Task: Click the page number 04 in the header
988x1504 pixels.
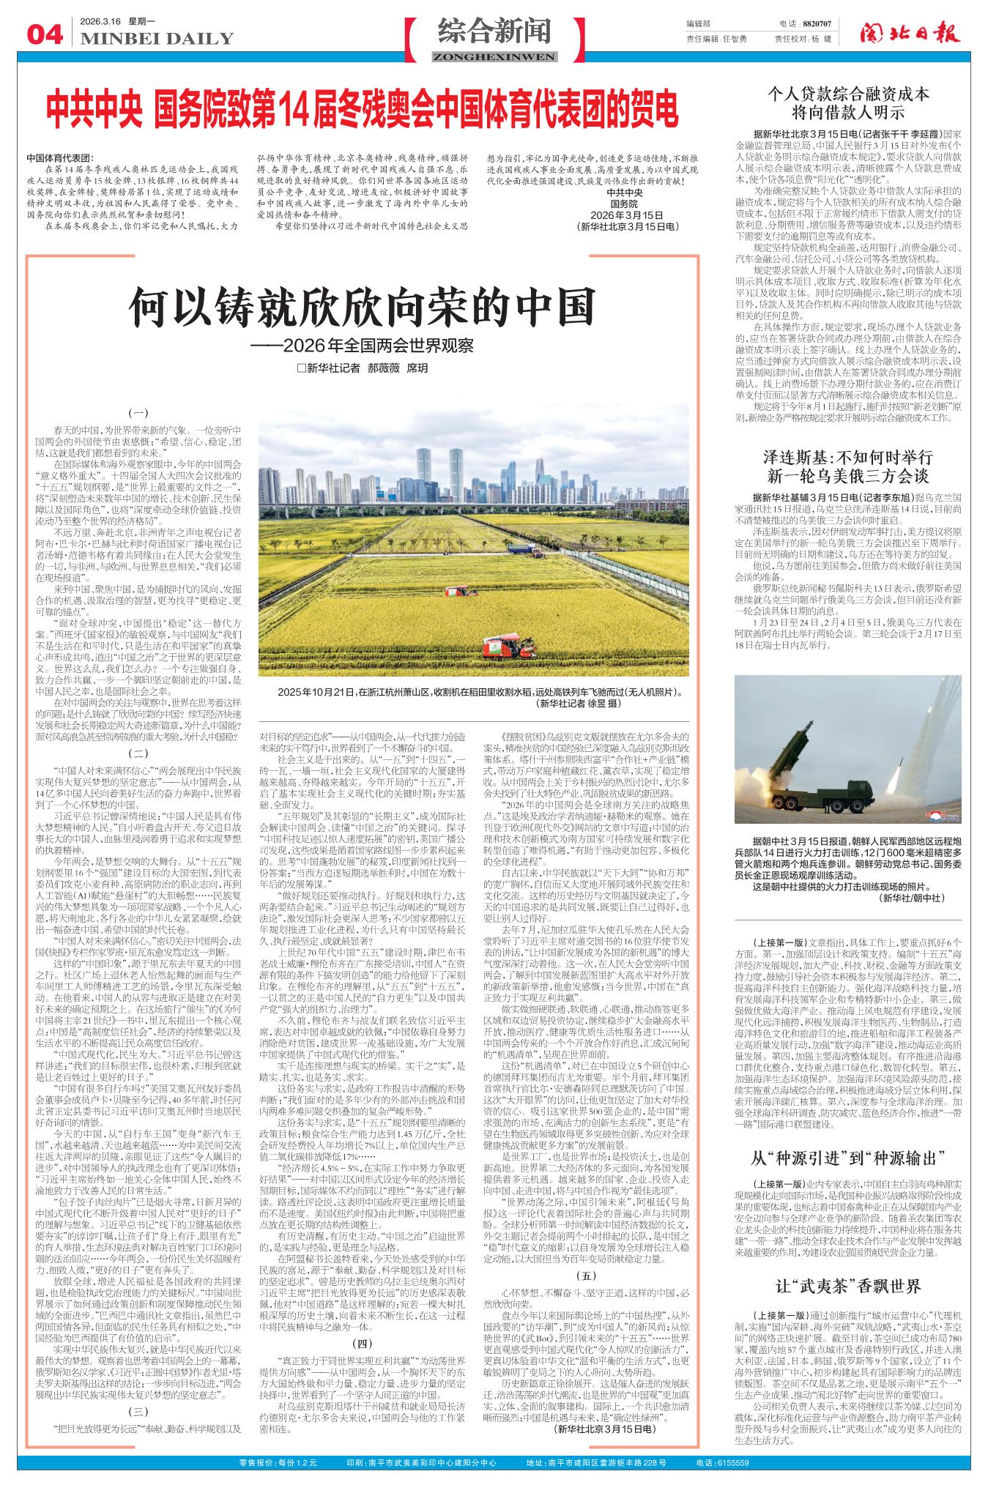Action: click(x=44, y=34)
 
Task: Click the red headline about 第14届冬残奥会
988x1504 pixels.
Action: click(x=363, y=108)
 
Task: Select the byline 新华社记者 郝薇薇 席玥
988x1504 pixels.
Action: click(x=362, y=368)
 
